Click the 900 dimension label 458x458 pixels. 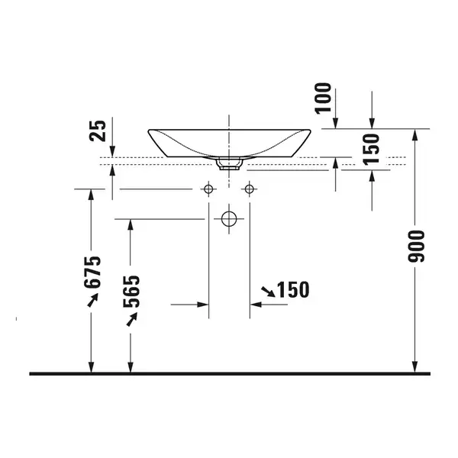416,246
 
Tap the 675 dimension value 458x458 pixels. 92,273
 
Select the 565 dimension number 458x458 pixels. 131,292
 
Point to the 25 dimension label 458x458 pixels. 97,131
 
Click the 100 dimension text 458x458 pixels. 323,98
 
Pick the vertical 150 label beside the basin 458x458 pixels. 371,150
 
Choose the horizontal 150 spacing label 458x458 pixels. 292,290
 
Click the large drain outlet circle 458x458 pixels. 229,219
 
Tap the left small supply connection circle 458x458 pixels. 208,189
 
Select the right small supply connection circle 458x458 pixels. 249,189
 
